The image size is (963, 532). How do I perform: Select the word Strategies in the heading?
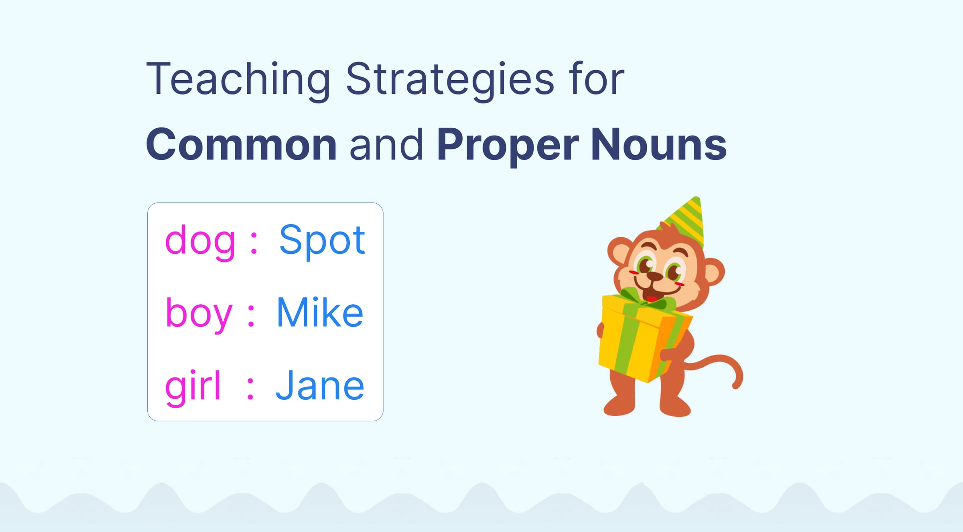[x=449, y=80]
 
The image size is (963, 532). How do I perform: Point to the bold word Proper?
[x=508, y=145]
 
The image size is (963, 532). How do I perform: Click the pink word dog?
[x=200, y=241]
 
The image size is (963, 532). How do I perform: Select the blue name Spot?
[x=322, y=241]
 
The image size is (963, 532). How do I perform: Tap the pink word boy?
[x=199, y=314]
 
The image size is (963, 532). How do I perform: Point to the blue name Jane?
[x=320, y=386]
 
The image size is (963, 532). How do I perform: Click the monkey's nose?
[x=655, y=276]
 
